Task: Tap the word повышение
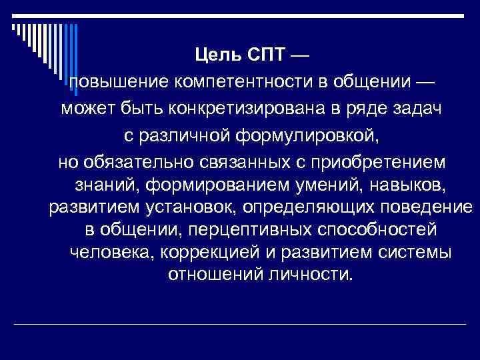point(118,82)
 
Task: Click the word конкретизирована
point(257,110)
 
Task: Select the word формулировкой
point(309,137)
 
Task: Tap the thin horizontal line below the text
point(240,325)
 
